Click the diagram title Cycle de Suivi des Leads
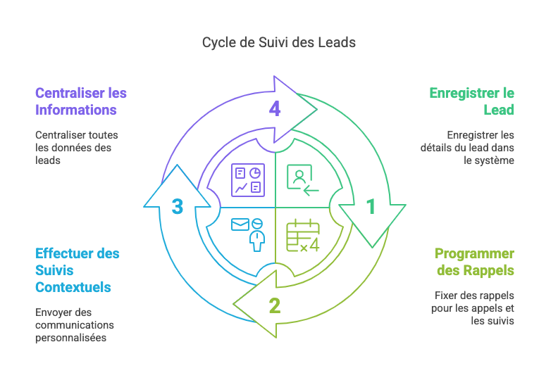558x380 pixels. pyautogui.click(x=278, y=42)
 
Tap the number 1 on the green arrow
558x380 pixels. pyautogui.click(x=371, y=207)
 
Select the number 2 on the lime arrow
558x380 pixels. pyautogui.click(x=275, y=306)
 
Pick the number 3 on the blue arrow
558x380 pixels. pyautogui.click(x=178, y=207)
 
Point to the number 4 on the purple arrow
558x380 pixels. pyautogui.click(x=275, y=109)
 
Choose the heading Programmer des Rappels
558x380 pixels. pyautogui.click(x=474, y=262)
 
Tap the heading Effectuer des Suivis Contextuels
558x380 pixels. pyautogui.click(x=77, y=270)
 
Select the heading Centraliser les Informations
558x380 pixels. pyautogui.click(x=81, y=101)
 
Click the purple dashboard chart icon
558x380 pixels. pyautogui.click(x=247, y=179)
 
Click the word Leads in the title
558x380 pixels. pyautogui.click(x=338, y=42)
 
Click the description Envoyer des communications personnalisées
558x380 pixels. pyautogui.click(x=75, y=324)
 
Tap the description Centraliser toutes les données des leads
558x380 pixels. pyautogui.click(x=76, y=147)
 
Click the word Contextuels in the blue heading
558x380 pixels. pyautogui.click(x=73, y=287)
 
